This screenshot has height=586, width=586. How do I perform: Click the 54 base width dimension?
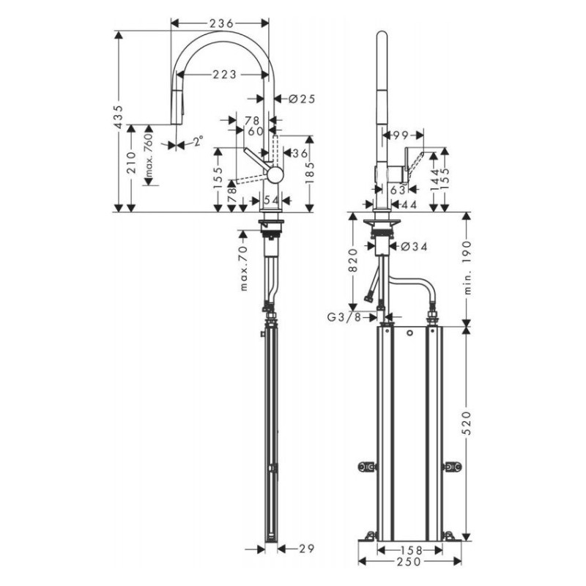point(271,200)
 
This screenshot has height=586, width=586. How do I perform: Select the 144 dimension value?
point(434,177)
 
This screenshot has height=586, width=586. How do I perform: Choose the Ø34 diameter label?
point(415,247)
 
